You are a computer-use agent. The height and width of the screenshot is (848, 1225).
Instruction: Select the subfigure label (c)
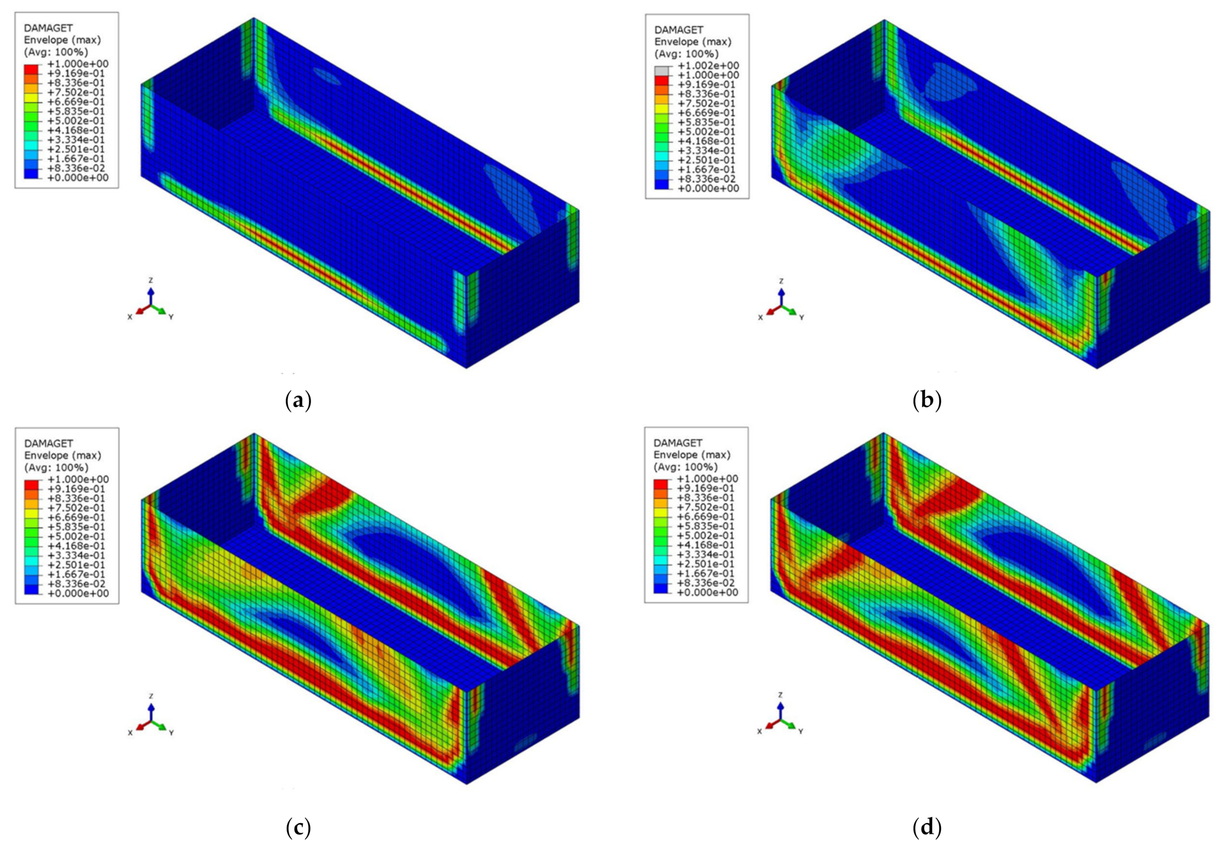298,827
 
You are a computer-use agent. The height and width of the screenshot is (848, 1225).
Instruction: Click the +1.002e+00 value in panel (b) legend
708,66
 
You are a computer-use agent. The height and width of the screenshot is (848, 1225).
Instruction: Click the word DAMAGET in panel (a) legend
48,28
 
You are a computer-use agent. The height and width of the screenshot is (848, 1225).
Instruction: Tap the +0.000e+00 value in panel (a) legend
79,177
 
